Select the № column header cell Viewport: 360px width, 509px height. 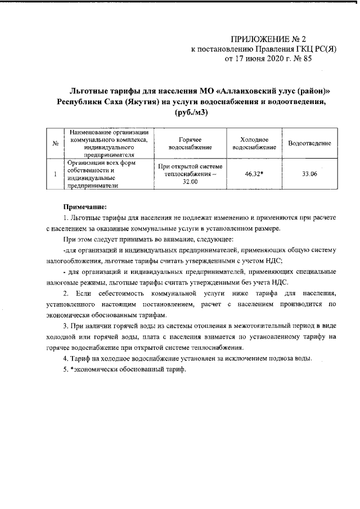(56, 143)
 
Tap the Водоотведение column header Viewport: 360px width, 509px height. (309, 143)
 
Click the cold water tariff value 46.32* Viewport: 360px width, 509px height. (254, 174)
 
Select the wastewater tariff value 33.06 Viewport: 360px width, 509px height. (309, 174)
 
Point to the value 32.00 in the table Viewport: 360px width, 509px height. (190, 182)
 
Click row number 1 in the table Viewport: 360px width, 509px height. (56, 174)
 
